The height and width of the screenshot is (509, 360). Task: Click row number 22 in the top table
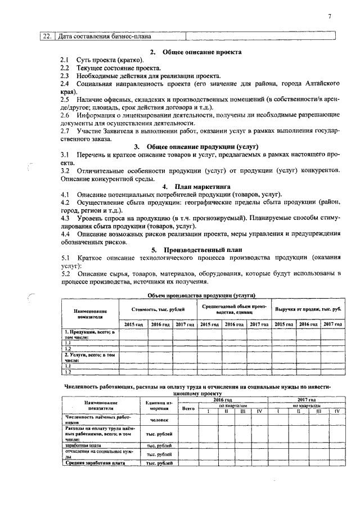(47, 37)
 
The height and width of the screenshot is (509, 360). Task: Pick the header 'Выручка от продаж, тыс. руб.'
(308, 309)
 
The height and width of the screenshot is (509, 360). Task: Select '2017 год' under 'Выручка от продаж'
(332, 325)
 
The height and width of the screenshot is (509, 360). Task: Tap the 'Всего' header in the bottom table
(189, 408)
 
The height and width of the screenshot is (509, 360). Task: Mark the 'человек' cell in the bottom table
(158, 420)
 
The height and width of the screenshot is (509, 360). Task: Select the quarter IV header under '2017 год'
(336, 411)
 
